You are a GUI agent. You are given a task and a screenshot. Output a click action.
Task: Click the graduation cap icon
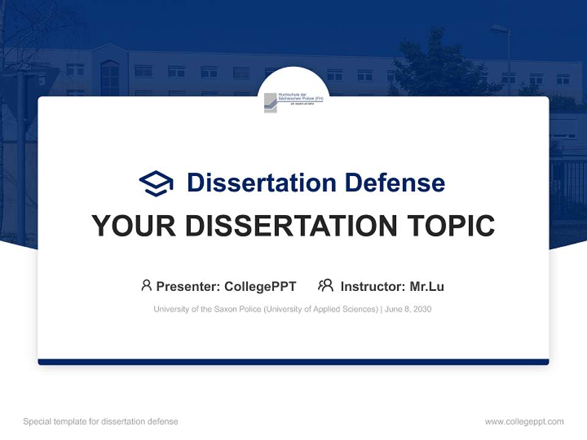pyautogui.click(x=156, y=183)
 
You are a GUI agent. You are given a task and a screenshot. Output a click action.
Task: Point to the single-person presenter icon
pyautogui.click(x=146, y=285)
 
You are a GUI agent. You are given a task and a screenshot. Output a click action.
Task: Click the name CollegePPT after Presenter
pyautogui.click(x=260, y=287)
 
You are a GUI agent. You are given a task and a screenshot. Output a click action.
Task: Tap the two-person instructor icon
pyautogui.click(x=325, y=285)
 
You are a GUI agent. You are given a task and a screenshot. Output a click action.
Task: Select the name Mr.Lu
pyautogui.click(x=427, y=287)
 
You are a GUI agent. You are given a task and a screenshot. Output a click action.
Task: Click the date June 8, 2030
pyautogui.click(x=408, y=309)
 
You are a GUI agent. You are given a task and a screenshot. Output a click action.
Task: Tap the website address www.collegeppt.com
pyautogui.click(x=524, y=422)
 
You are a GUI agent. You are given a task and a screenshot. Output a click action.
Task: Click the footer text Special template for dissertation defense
pyautogui.click(x=100, y=422)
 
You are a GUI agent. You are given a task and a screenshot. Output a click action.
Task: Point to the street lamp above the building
pyautogui.click(x=500, y=29)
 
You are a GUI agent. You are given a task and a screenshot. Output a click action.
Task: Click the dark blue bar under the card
pyautogui.click(x=293, y=362)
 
